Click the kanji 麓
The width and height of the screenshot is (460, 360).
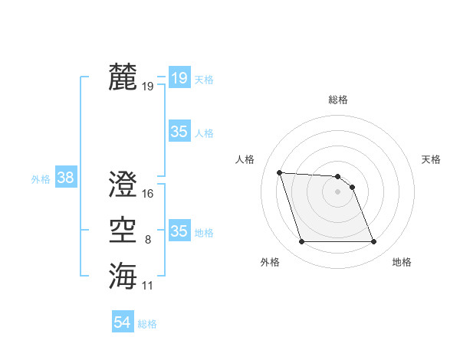coord(123,77)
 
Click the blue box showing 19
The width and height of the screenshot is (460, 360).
coord(179,77)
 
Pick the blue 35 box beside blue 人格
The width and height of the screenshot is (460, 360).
coord(179,132)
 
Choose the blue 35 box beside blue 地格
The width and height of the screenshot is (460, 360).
coord(179,231)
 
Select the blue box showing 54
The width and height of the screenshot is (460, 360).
coord(122,322)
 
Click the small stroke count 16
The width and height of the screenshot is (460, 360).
coord(148,194)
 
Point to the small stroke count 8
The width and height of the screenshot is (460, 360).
coord(148,240)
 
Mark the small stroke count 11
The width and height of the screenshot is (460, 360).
coord(148,286)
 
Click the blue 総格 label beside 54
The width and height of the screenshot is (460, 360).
coord(147,324)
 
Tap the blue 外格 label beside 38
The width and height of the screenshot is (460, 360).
coord(41,179)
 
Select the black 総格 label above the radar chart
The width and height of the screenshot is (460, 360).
coord(338,100)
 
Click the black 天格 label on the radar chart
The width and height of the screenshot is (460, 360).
coord(431,159)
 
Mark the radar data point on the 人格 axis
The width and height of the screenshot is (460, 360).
coord(280,172)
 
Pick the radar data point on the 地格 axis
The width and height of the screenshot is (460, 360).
coord(373,242)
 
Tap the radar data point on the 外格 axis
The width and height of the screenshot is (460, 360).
coord(301,242)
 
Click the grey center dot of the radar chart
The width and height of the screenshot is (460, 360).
coord(337,191)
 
